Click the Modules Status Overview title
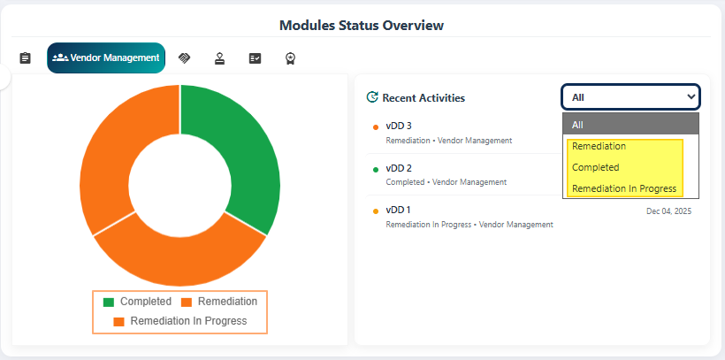(x=362, y=25)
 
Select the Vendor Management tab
(x=106, y=57)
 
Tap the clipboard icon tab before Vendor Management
(x=25, y=58)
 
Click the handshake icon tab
(x=184, y=58)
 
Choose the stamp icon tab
(x=219, y=58)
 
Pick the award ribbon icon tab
(x=290, y=58)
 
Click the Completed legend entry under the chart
(x=145, y=302)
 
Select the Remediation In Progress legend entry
(x=187, y=321)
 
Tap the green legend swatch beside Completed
(x=109, y=303)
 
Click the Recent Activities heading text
(x=424, y=97)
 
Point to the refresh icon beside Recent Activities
(x=372, y=97)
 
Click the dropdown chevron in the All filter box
(x=691, y=96)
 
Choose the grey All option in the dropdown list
(x=630, y=125)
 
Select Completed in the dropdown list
(x=595, y=167)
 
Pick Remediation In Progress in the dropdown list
(x=623, y=188)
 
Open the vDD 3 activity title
(x=399, y=126)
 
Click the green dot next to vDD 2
(x=376, y=169)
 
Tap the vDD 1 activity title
(x=399, y=210)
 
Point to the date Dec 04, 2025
(x=668, y=211)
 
